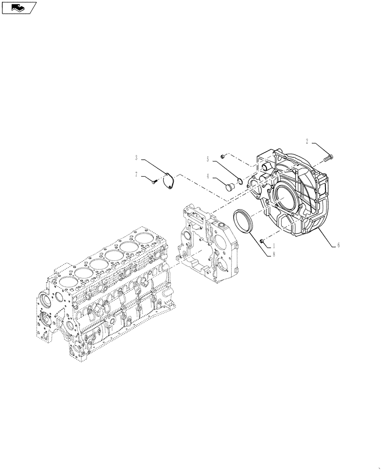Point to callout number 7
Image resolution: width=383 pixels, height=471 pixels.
[136, 174]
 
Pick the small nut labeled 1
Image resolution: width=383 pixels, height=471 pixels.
[261, 241]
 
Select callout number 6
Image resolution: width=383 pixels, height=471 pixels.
[338, 245]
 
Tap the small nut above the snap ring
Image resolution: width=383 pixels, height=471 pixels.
[225, 155]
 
